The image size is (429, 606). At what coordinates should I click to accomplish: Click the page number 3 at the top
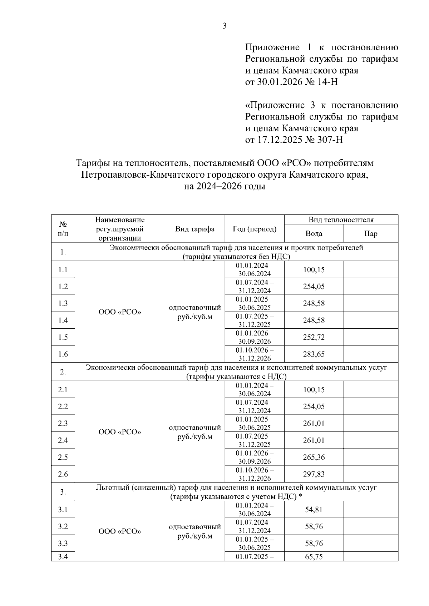coord(224,26)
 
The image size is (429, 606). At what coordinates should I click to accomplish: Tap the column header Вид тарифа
coord(195,229)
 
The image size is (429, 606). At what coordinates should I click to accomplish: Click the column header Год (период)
coord(255,229)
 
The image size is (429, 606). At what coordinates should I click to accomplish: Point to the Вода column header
coord(314,234)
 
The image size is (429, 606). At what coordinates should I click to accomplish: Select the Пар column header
coord(371,234)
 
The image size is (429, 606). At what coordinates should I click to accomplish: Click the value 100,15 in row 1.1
coord(314,270)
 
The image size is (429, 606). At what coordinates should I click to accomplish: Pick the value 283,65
coord(314,354)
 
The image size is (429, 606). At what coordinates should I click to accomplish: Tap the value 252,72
coord(314,337)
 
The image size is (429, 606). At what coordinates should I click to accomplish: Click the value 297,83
coord(314,474)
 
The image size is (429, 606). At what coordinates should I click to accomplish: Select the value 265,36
coord(314,457)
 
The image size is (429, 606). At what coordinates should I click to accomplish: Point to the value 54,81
coord(314,510)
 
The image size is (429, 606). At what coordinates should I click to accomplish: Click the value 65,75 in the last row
coord(314,557)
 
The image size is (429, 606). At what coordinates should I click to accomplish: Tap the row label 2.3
coord(63,424)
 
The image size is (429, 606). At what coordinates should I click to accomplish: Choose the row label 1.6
coord(63,354)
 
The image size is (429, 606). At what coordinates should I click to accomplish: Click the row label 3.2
coord(63,527)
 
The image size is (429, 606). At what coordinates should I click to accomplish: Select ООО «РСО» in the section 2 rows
coord(120,432)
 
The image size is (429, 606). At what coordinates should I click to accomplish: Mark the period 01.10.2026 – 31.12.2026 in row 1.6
coord(255,354)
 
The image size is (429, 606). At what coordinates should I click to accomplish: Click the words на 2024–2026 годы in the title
coord(225,186)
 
